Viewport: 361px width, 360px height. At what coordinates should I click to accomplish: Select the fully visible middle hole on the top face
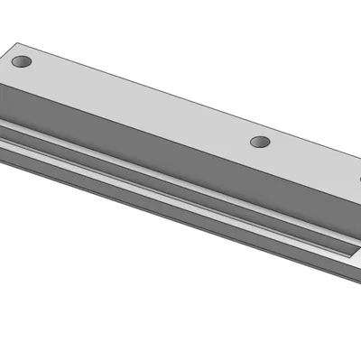[x=260, y=143]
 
